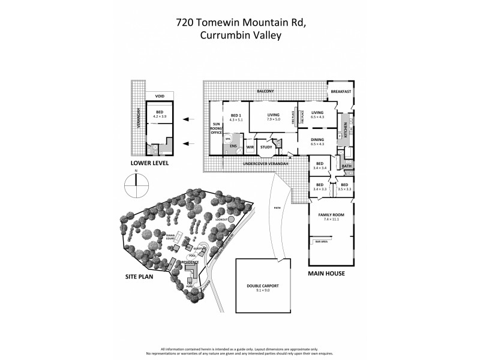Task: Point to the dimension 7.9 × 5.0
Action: tap(273, 119)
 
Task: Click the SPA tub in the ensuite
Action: tap(228, 138)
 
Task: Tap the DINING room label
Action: tap(317, 139)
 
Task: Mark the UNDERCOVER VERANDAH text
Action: tap(266, 163)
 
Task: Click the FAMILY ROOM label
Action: tap(331, 214)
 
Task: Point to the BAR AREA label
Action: tap(321, 241)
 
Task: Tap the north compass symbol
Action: tap(136, 184)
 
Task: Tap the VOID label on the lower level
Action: tap(160, 96)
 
